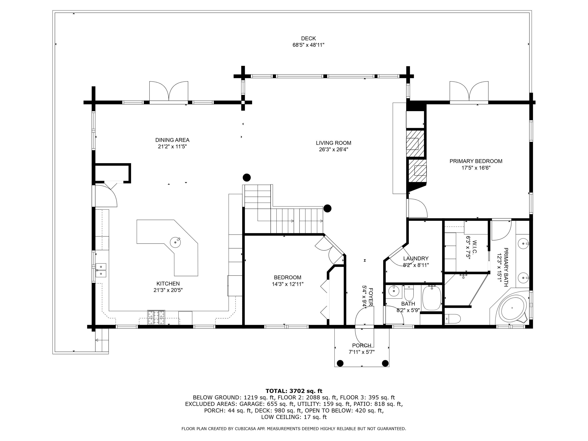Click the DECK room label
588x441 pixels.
[308, 39]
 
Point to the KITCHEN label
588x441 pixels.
[168, 284]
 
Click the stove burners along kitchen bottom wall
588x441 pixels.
[156, 317]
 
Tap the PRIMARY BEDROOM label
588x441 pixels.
[475, 161]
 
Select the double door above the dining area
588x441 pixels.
[169, 92]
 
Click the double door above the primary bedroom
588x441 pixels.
[469, 92]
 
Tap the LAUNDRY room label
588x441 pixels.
[416, 258]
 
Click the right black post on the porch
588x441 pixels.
[385, 363]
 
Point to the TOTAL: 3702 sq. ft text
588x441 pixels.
[294, 391]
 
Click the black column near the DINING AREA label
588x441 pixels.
[247, 177]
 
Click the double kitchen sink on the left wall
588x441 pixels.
[101, 270]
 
